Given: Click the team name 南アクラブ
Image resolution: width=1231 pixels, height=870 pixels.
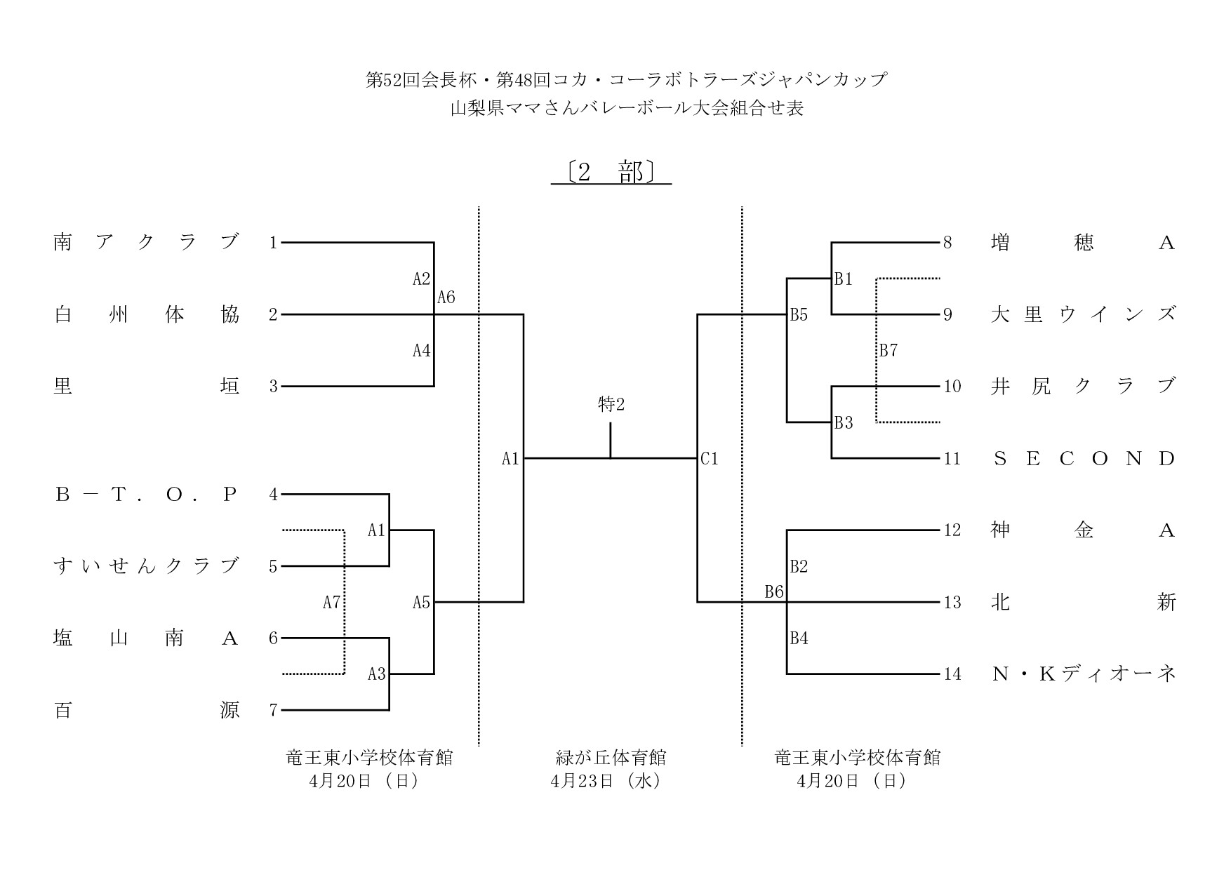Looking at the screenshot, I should (x=147, y=243).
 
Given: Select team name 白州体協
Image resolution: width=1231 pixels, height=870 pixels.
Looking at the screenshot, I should (x=147, y=314).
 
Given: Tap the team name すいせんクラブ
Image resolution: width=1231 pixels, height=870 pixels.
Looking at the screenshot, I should (x=147, y=566).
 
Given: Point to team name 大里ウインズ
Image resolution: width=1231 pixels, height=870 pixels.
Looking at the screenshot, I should (x=1083, y=314).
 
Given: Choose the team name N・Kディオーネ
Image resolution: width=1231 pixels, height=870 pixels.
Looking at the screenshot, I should (x=1083, y=674).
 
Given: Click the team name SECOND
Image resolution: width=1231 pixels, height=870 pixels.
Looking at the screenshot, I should (x=1083, y=459).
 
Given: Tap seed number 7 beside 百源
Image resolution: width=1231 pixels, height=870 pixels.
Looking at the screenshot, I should (x=274, y=710).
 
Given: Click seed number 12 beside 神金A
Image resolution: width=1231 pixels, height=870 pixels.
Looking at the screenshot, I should (x=952, y=530).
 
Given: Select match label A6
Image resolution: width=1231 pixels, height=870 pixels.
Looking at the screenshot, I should (x=446, y=297).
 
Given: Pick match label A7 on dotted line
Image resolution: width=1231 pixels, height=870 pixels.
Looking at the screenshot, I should (x=331, y=602).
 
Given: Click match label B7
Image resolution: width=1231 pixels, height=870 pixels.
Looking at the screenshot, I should (x=889, y=350).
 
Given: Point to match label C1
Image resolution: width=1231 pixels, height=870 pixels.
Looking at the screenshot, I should (x=710, y=459).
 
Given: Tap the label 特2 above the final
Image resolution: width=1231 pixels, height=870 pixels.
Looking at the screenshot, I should (x=611, y=405).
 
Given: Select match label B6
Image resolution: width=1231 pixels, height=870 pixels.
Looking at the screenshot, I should (x=774, y=592).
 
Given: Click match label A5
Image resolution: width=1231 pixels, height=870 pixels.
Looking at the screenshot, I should (x=421, y=602).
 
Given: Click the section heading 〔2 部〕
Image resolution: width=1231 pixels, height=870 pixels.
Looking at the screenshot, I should (x=611, y=173).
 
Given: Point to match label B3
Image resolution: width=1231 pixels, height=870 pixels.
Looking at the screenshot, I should (x=844, y=423).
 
